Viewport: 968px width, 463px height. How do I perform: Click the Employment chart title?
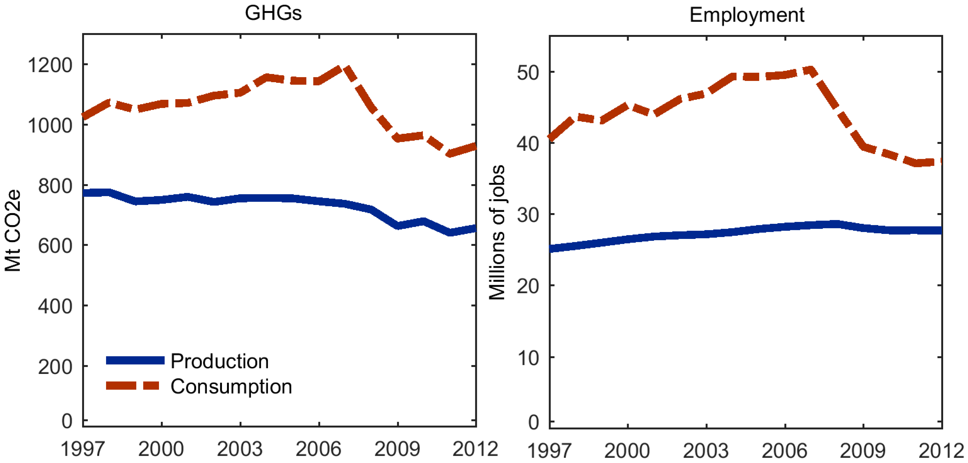tap(747, 15)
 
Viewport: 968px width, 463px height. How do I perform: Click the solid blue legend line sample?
tap(135, 360)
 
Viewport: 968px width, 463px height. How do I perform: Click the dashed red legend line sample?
tap(133, 386)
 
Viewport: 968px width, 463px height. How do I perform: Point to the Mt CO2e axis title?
tap(12, 230)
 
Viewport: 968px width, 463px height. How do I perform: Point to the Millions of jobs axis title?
tap(497, 232)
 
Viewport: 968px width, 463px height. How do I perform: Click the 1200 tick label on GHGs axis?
tap(50, 65)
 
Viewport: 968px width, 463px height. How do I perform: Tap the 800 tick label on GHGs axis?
tap(55, 186)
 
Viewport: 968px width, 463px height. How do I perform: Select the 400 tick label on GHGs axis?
tap(55, 306)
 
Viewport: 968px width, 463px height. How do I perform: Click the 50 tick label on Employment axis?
tap(528, 72)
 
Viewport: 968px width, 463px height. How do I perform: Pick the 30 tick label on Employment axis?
tap(528, 215)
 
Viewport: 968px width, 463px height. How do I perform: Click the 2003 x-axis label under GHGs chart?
tap(240, 449)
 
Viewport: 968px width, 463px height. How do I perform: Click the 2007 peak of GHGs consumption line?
tap(345, 69)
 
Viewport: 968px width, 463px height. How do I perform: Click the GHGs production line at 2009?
tap(398, 225)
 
